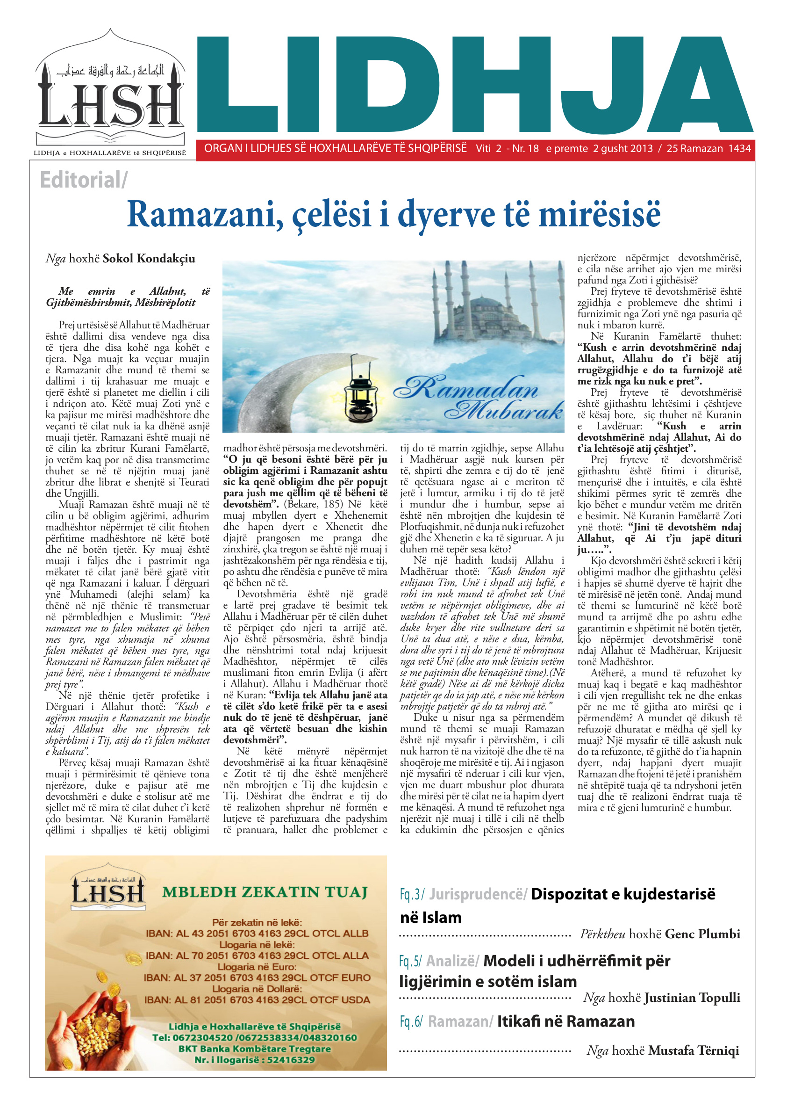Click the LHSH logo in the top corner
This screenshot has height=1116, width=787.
click(110, 92)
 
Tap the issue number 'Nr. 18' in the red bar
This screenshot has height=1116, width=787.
click(525, 149)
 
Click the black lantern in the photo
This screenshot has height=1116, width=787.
click(361, 393)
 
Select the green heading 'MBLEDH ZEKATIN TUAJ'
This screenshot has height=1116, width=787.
click(265, 892)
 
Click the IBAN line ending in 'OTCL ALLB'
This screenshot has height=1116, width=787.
click(257, 934)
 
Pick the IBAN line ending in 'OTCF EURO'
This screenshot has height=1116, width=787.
click(257, 978)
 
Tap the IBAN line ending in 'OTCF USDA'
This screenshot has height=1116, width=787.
click(257, 1000)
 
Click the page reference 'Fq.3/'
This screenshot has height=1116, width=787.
click(412, 894)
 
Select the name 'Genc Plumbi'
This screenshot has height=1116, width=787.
click(702, 934)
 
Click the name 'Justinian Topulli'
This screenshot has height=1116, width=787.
click(692, 998)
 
